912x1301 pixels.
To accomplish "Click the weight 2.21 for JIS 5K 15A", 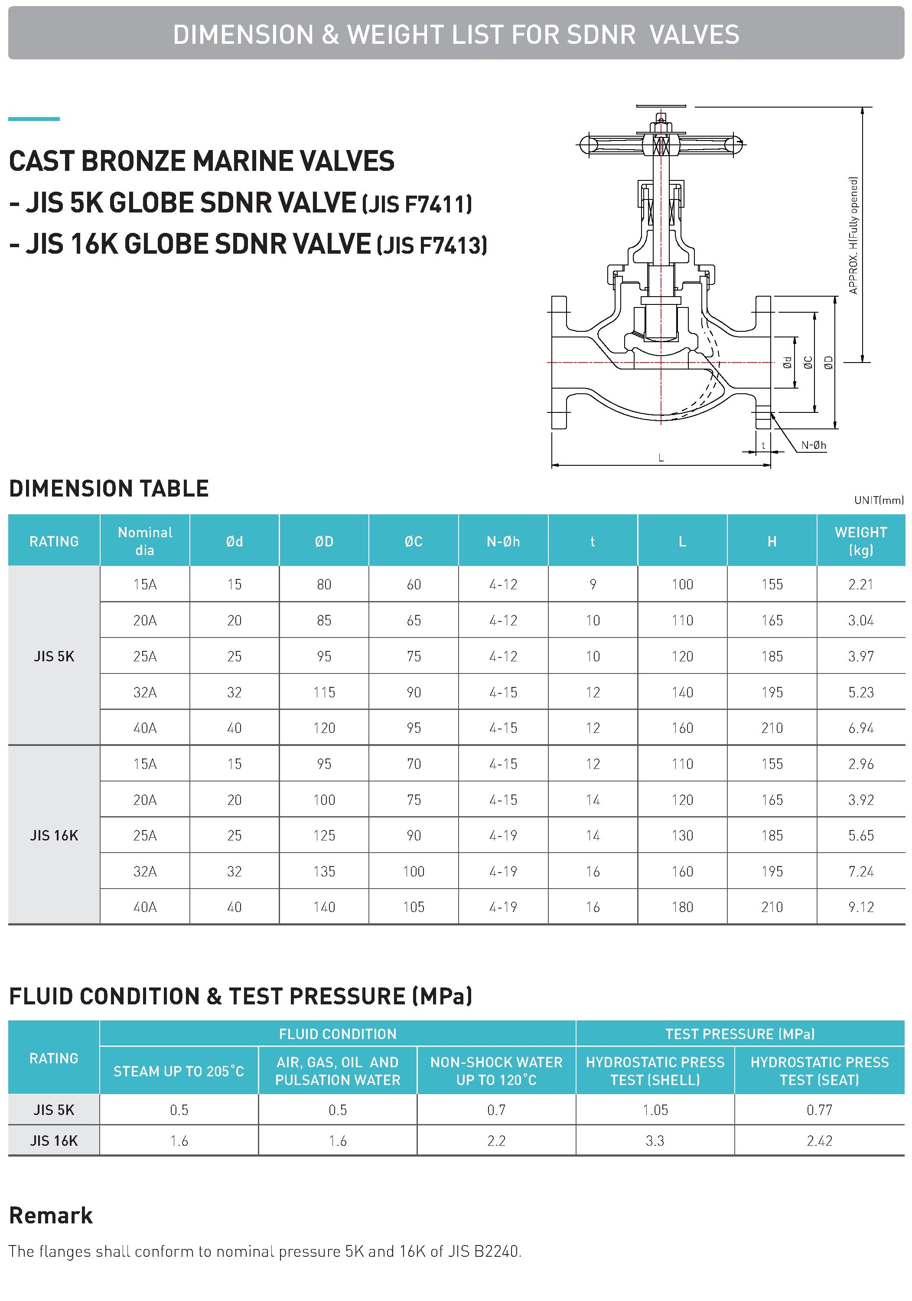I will [x=860, y=584].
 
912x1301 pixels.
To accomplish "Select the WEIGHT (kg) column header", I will [x=860, y=541].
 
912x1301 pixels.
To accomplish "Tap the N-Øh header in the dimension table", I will [x=503, y=542].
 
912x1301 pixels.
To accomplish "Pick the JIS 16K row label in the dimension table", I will [x=54, y=835].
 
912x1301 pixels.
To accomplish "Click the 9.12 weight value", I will [x=860, y=907].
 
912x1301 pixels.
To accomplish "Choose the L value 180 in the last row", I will [x=682, y=907].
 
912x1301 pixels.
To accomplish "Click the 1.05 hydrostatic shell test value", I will [x=655, y=1109].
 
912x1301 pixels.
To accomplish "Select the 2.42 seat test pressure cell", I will [x=819, y=1141].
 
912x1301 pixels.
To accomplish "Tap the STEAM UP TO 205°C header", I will [x=179, y=1071].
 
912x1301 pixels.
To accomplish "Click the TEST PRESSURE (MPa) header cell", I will [x=740, y=1033].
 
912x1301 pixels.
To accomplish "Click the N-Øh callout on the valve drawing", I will [x=814, y=445].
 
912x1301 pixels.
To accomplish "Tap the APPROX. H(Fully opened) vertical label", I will [x=853, y=235].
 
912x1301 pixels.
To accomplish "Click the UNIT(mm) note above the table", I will [x=879, y=500].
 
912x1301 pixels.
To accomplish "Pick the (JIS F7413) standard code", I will [x=432, y=245].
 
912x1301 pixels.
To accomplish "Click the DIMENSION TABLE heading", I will [x=109, y=488].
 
